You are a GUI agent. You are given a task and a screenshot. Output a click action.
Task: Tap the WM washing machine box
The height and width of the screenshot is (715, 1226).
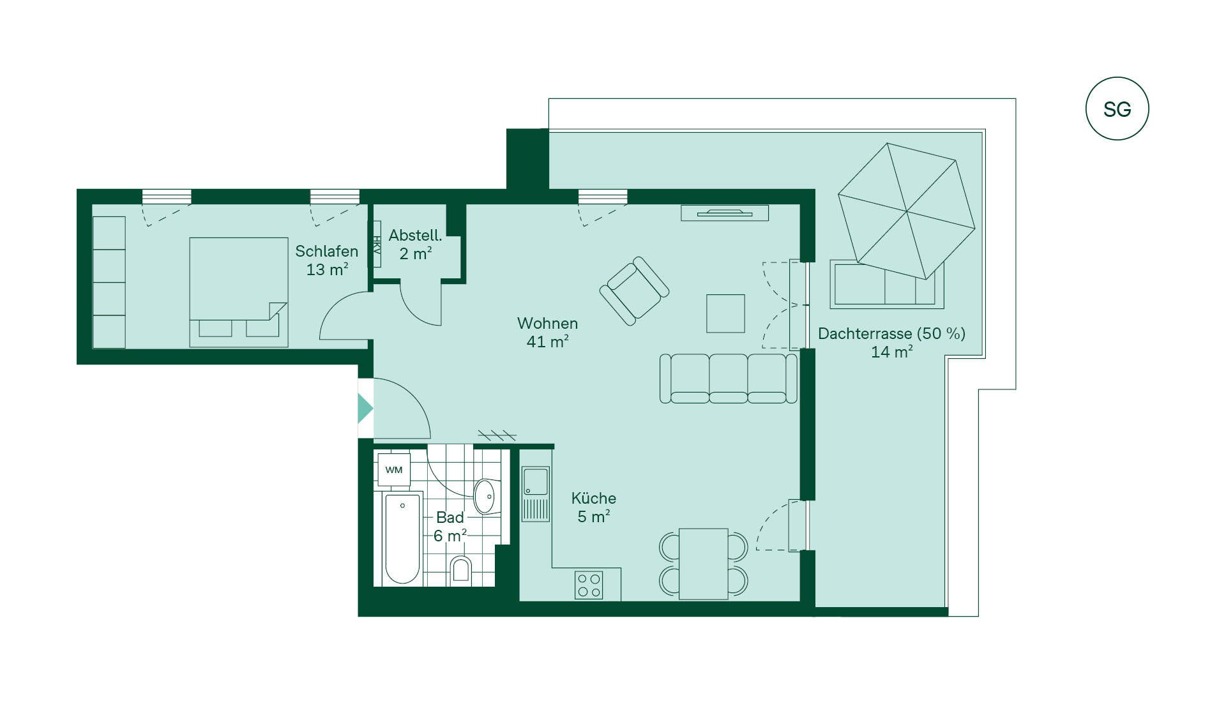tap(393, 470)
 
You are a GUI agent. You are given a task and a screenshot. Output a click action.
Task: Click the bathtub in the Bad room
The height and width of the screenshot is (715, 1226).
tap(403, 539)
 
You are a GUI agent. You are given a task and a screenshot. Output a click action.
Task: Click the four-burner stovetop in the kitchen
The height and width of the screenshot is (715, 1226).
tap(589, 585)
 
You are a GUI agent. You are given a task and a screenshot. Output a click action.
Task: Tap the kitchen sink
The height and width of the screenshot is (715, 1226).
tap(536, 494)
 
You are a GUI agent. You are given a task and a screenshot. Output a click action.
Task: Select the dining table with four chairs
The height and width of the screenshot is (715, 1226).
tap(703, 564)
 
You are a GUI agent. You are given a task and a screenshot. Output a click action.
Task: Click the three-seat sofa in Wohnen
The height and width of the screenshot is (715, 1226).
tap(728, 379)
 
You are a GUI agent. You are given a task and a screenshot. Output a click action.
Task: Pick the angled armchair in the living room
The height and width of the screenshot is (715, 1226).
tap(634, 291)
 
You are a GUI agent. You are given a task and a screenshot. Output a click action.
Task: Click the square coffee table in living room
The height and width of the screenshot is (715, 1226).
tap(725, 313)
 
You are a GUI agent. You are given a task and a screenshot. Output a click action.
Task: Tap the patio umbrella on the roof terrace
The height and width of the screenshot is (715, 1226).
tap(906, 211)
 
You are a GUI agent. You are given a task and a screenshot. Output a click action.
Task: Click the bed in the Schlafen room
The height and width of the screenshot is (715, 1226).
tap(239, 292)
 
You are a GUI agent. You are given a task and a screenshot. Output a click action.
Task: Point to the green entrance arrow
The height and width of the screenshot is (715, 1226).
tap(365, 409)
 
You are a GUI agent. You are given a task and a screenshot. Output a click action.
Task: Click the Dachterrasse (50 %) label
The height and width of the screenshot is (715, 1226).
tap(891, 333)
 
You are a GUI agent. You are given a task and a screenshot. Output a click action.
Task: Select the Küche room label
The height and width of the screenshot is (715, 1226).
tap(593, 498)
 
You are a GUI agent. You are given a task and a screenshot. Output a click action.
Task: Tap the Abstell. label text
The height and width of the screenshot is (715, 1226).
tap(415, 236)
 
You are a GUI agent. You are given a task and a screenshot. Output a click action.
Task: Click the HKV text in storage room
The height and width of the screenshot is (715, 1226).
tap(377, 245)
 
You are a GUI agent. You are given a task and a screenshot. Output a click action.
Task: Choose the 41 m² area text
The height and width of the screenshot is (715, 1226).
tap(547, 342)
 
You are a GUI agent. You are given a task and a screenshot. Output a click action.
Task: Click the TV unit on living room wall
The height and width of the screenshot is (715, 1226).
tap(725, 213)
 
